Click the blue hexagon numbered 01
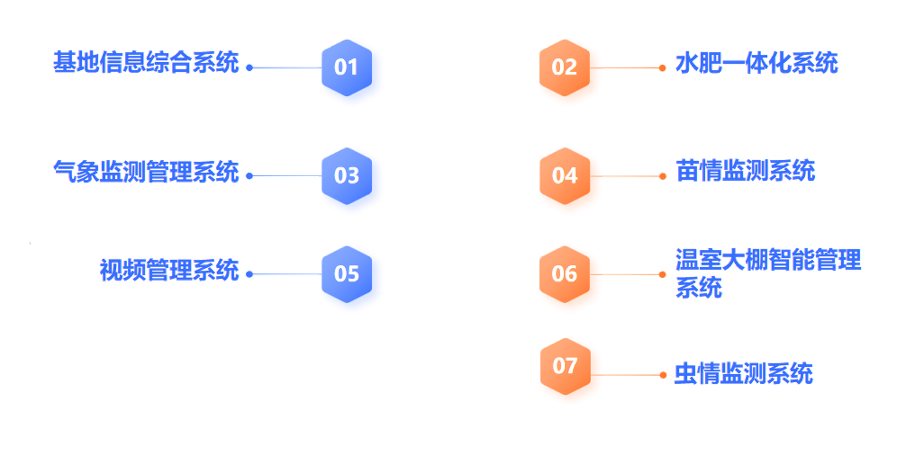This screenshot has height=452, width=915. point(346,68)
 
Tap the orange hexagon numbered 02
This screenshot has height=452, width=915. point(565,68)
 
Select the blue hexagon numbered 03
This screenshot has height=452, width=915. point(346,176)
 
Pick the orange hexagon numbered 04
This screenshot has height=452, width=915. point(565,176)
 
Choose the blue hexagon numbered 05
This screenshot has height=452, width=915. point(346,274)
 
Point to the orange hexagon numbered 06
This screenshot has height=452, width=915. point(565,274)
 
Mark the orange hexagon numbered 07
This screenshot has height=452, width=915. point(565,366)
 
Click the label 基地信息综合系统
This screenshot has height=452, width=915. point(146,62)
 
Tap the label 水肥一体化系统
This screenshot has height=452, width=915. point(757,63)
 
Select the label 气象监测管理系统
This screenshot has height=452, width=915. point(146,171)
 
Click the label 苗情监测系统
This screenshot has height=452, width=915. point(746,170)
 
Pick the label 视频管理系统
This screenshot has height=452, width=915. point(169,269)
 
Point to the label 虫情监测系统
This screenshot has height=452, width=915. point(743,373)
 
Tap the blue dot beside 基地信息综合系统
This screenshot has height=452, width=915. point(249,68)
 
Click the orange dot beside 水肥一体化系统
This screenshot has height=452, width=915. point(663,68)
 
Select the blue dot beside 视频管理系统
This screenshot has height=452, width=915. point(249,274)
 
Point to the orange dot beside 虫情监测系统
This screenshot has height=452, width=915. point(663,375)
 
